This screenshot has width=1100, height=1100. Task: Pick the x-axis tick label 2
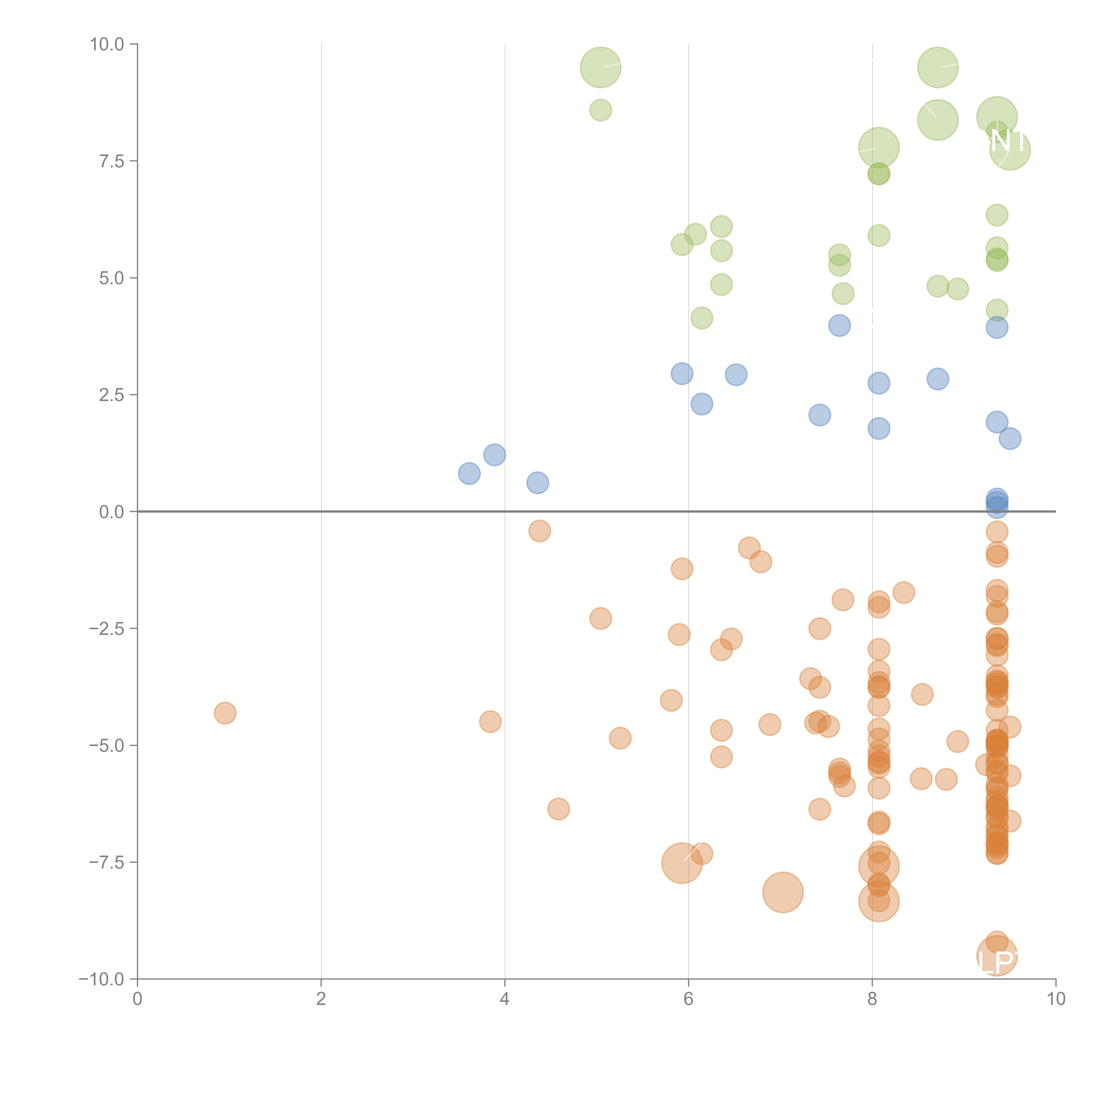click(x=321, y=999)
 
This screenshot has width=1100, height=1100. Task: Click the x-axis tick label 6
click(x=688, y=999)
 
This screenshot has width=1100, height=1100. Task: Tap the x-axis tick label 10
click(x=1056, y=999)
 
